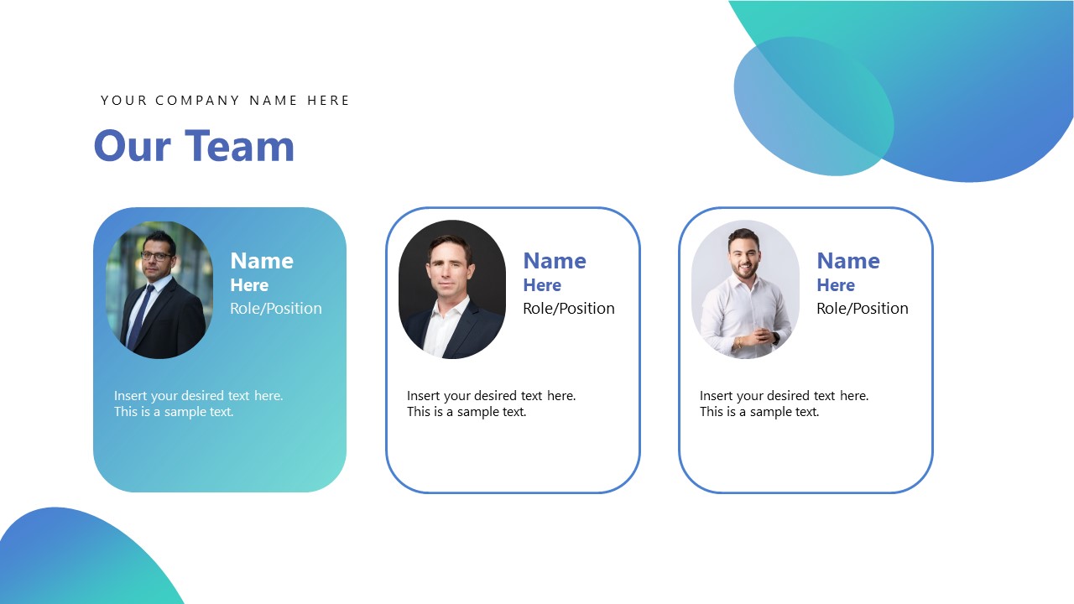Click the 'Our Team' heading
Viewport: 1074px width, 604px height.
click(194, 146)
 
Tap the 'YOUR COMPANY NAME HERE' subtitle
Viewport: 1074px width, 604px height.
click(225, 101)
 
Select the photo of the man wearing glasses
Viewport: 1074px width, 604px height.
click(159, 289)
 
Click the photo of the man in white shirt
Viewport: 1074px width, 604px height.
click(745, 289)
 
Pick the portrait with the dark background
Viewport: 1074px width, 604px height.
click(452, 289)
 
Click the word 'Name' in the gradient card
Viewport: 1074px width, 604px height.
click(262, 261)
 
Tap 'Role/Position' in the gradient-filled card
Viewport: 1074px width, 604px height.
click(276, 309)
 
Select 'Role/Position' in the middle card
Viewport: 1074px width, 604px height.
click(569, 309)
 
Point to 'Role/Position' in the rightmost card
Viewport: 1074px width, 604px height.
click(863, 309)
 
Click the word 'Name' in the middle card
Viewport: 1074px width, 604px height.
click(555, 261)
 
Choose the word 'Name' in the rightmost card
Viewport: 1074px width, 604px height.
click(848, 261)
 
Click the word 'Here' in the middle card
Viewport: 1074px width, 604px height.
click(542, 285)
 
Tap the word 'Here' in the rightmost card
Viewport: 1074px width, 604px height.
click(836, 285)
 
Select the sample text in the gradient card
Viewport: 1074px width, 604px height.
click(198, 404)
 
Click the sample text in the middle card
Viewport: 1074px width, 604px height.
click(491, 404)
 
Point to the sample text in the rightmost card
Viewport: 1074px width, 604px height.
click(784, 404)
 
